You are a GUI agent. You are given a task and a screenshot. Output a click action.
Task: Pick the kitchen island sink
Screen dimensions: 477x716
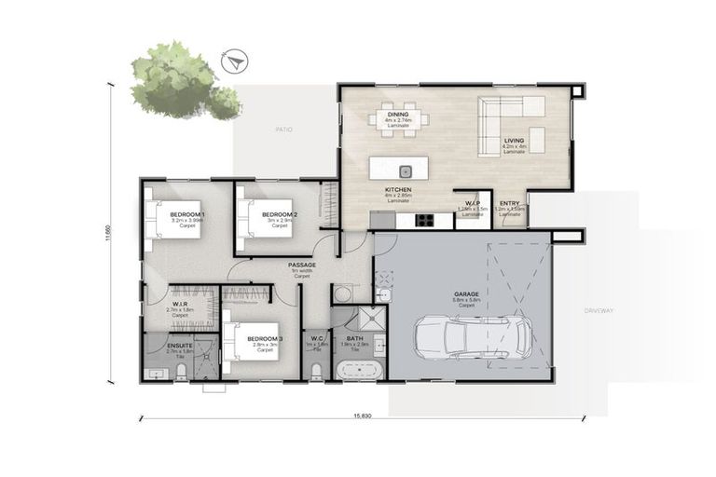coord(406,170)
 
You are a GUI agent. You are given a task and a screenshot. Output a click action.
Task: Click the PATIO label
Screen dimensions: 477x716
coord(283,129)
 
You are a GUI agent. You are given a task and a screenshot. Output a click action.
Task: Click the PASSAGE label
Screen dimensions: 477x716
coord(301,266)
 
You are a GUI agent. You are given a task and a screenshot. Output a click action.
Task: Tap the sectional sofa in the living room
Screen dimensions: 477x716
coord(512,127)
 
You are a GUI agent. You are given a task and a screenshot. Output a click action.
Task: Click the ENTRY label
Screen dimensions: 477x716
coord(509,203)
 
